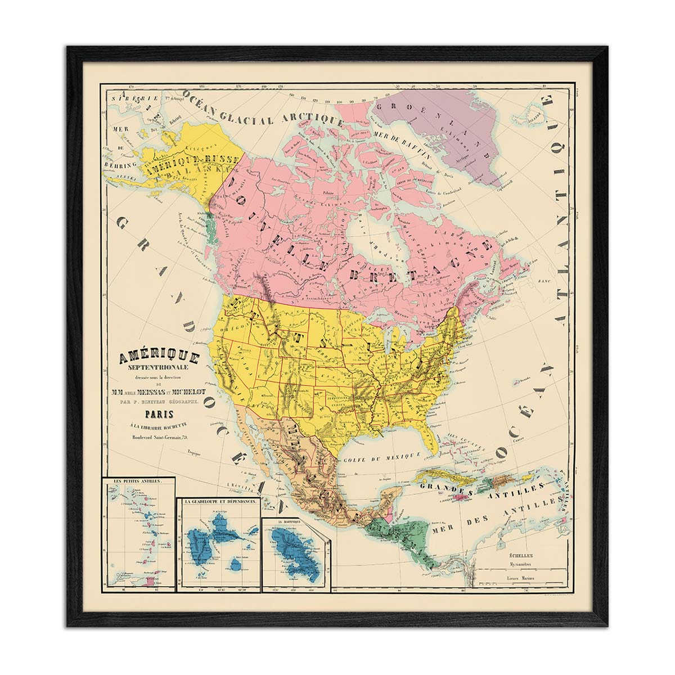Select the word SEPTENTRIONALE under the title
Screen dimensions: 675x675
coord(159,368)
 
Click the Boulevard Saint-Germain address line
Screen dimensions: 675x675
coord(160,436)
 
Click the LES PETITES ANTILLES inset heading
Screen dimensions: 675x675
coord(138,481)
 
